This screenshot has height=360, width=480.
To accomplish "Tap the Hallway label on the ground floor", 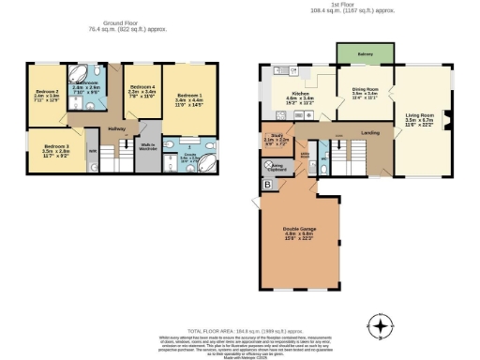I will point(116,128).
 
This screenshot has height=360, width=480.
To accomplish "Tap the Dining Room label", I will point(364,91).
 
